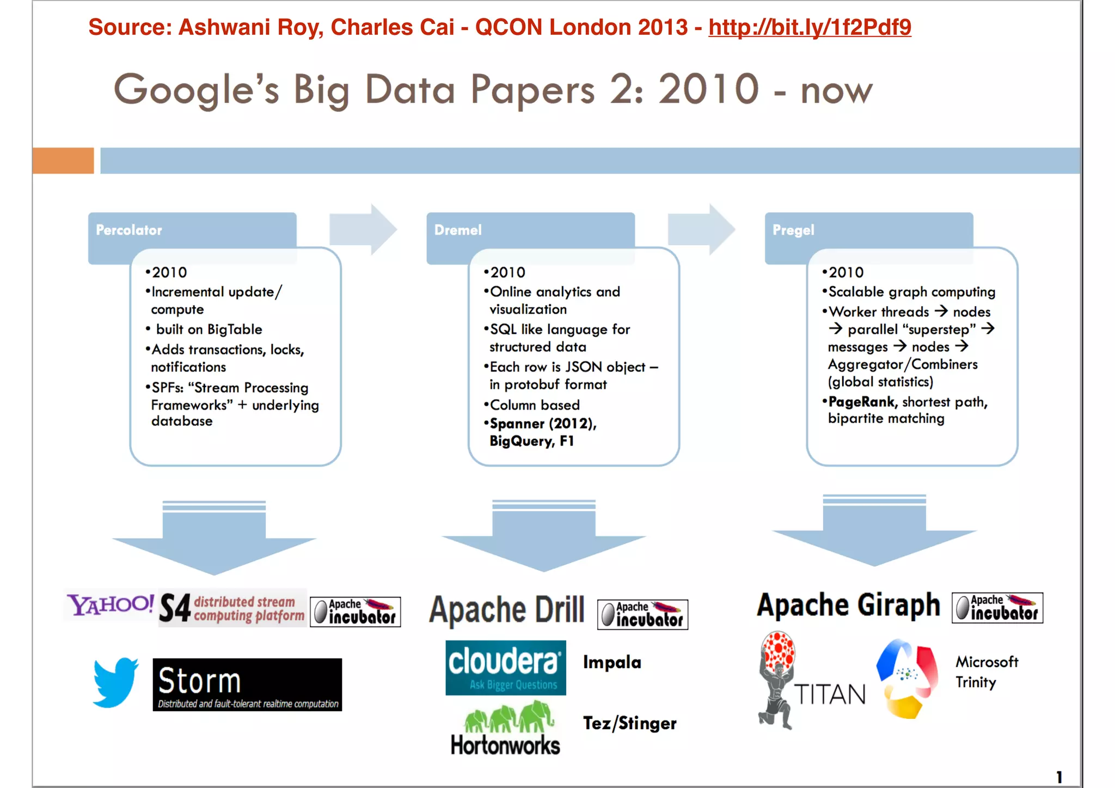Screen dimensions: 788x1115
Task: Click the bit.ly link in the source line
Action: (x=810, y=27)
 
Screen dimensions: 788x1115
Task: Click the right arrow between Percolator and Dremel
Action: (x=363, y=229)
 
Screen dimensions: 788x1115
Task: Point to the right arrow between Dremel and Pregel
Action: (x=701, y=229)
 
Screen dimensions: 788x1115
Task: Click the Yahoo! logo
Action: (x=111, y=604)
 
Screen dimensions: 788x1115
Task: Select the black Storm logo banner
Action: (x=247, y=685)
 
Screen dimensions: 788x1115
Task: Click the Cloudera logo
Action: (x=505, y=668)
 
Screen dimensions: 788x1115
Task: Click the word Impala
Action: (x=612, y=662)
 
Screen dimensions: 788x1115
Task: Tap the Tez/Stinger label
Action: (x=629, y=723)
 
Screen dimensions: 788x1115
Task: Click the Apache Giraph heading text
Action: (x=848, y=605)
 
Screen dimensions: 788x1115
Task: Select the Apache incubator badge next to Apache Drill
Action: (x=642, y=614)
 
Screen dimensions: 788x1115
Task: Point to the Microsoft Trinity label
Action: (x=986, y=672)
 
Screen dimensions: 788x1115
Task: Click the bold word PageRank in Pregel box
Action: (x=861, y=402)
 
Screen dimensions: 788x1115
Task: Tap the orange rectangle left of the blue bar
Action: (x=63, y=161)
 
